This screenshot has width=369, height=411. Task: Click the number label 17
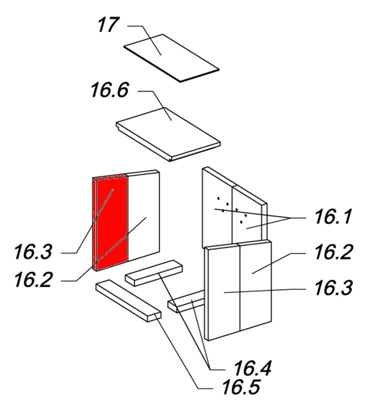[x=108, y=25]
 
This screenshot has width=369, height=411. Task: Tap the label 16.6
[x=110, y=90]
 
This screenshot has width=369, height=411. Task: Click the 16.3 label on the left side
[x=33, y=252]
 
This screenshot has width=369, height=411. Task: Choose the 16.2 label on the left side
[x=33, y=279]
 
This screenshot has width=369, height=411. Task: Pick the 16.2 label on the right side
[x=333, y=252]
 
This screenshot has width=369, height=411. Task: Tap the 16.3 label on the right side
[x=333, y=288]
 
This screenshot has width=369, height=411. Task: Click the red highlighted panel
[x=110, y=223]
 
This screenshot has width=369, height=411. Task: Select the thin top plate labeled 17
[x=171, y=58]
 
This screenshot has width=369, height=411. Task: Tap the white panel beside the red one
[x=143, y=215]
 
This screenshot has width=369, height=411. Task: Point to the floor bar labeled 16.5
[x=129, y=301]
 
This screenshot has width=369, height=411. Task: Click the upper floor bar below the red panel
[x=154, y=273]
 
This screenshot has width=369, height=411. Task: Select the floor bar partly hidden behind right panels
[x=186, y=301]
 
